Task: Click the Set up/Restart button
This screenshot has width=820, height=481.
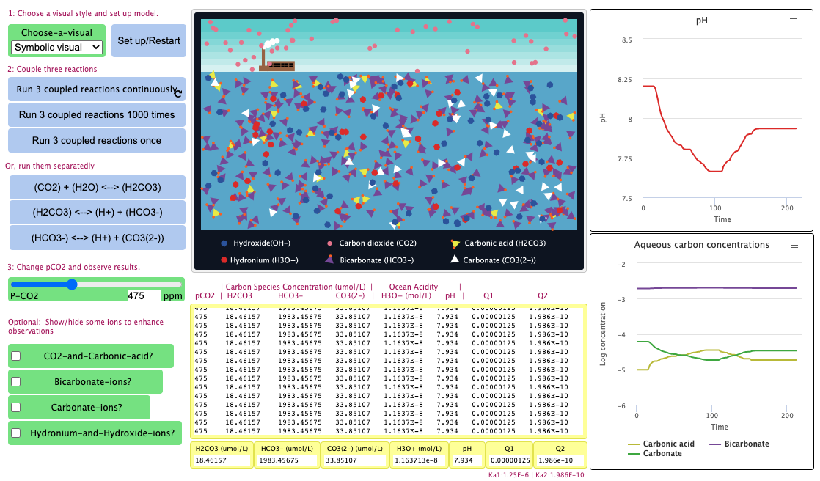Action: tap(149, 40)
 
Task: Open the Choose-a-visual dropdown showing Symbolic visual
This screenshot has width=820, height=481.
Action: tap(57, 47)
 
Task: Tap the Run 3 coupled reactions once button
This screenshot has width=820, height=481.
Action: tap(97, 140)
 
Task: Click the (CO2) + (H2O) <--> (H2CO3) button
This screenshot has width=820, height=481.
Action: tap(97, 187)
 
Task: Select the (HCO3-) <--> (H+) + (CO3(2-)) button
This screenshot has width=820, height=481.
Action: tap(97, 238)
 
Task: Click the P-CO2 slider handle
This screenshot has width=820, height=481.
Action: tap(72, 284)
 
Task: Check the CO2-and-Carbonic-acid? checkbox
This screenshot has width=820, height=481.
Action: tap(16, 356)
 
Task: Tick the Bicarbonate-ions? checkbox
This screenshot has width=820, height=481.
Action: tap(16, 382)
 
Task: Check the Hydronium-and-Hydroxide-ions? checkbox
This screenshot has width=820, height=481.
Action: tap(16, 433)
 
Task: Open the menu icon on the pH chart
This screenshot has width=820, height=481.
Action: tap(793, 21)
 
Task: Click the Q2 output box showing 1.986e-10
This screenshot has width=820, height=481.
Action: tap(560, 460)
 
